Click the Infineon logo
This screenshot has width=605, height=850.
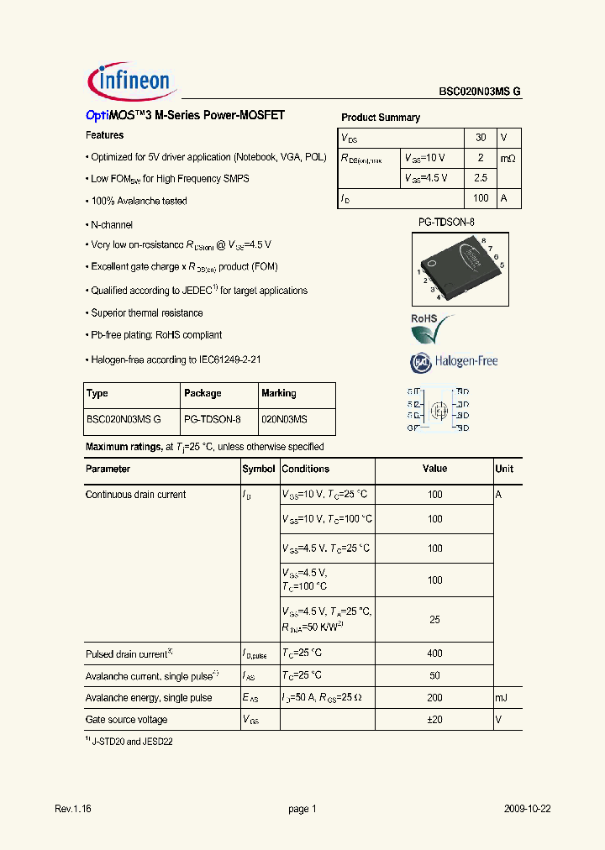pyautogui.click(x=130, y=81)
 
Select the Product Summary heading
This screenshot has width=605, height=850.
pyautogui.click(x=380, y=118)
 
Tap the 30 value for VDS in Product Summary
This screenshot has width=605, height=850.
pyautogui.click(x=481, y=137)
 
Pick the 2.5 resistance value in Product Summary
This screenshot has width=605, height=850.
pyautogui.click(x=481, y=178)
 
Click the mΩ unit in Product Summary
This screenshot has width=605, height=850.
pyautogui.click(x=508, y=158)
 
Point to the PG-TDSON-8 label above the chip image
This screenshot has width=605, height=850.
pyautogui.click(x=446, y=223)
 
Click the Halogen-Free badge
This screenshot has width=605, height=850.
pyautogui.click(x=454, y=361)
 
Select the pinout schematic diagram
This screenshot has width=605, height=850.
pyautogui.click(x=438, y=410)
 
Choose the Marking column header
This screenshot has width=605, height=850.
pyautogui.click(x=279, y=393)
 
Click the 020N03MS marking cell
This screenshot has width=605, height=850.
pyautogui.click(x=284, y=418)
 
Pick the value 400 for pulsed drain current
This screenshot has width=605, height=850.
pyautogui.click(x=434, y=653)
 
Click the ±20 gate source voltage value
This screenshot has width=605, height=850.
pyautogui.click(x=434, y=720)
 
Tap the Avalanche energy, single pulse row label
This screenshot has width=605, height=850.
pyautogui.click(x=148, y=698)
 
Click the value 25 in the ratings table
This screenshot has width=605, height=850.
pyautogui.click(x=434, y=619)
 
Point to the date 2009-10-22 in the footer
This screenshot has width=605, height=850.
pyautogui.click(x=528, y=809)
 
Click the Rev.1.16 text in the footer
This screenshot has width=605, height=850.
pyautogui.click(x=72, y=809)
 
